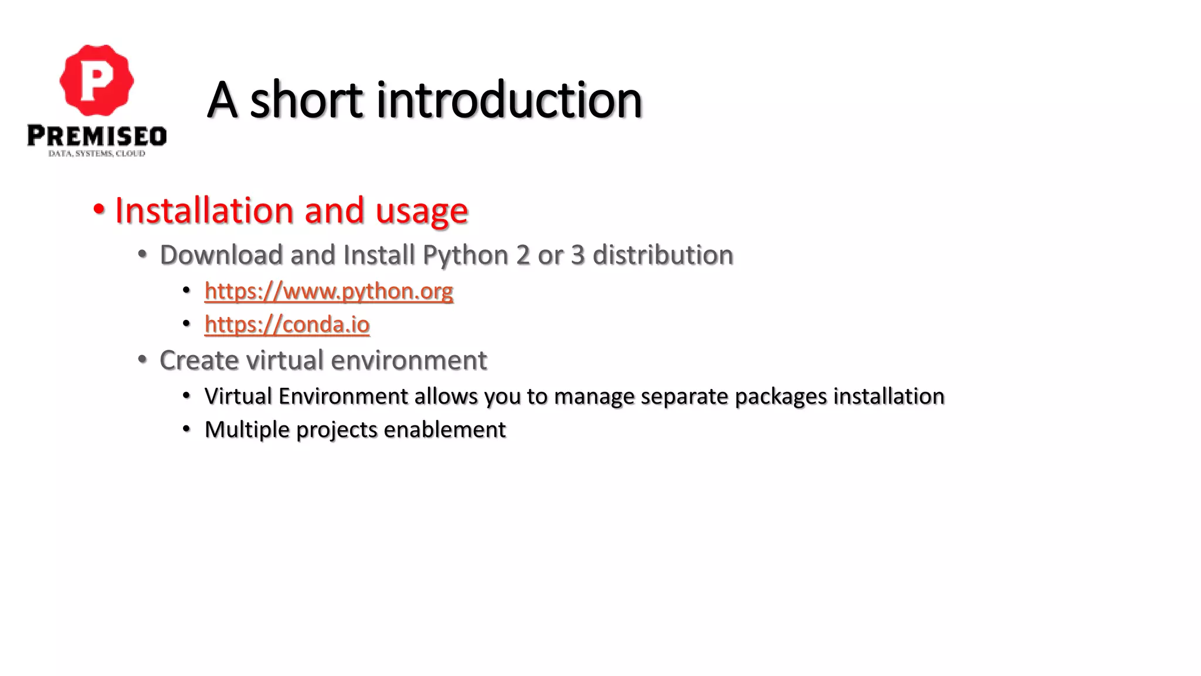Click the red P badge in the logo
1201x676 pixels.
97,80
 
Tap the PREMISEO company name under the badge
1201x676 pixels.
97,136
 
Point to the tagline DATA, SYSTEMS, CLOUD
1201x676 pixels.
97,154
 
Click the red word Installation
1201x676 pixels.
204,210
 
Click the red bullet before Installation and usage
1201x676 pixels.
99,209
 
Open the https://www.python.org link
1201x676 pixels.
328,291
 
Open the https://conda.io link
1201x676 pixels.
287,325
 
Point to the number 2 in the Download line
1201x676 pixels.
523,255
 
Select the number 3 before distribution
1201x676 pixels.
578,255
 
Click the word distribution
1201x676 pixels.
663,255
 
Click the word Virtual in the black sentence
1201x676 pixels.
238,396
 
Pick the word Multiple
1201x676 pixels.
247,430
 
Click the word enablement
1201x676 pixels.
445,430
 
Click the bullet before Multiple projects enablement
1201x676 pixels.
186,429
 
